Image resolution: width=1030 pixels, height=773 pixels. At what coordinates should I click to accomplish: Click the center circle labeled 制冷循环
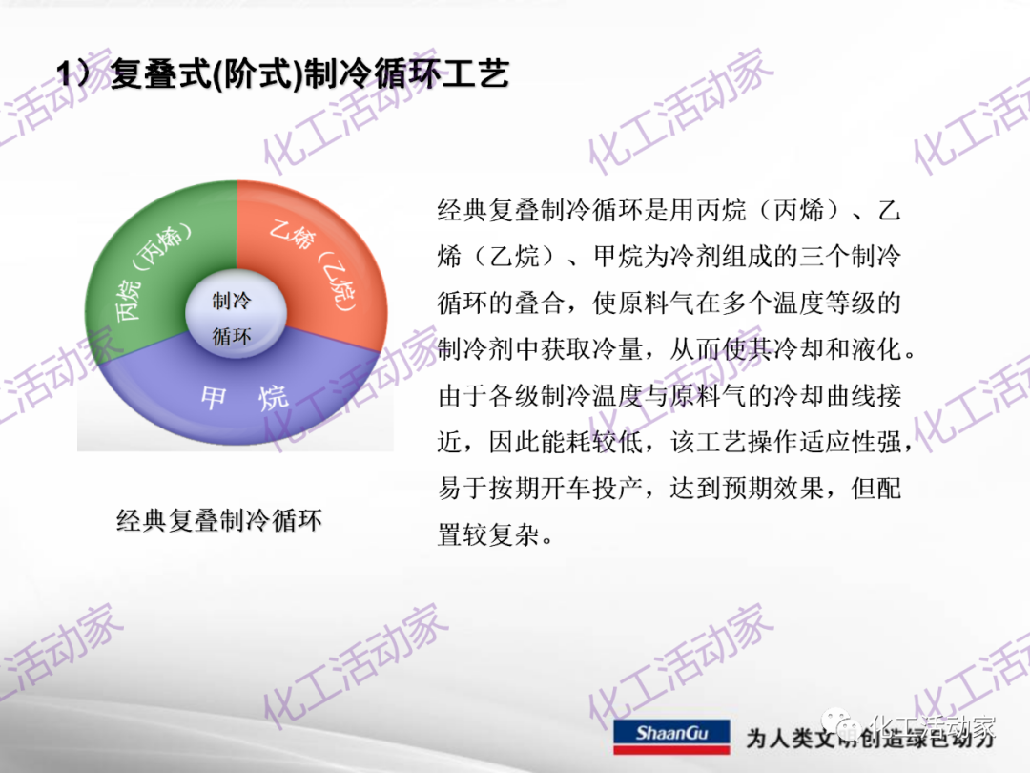pos(232,319)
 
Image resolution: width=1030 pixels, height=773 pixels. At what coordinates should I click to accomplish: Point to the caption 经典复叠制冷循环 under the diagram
pos(219,521)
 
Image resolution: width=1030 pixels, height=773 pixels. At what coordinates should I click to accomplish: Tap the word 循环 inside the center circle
pos(232,336)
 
